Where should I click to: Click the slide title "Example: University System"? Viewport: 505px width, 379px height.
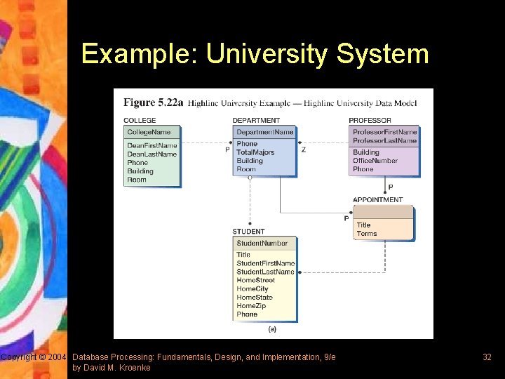point(255,54)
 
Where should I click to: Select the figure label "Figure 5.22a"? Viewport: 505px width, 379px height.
point(153,103)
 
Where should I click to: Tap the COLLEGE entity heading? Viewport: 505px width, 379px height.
point(140,121)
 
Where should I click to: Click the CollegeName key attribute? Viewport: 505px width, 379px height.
point(149,132)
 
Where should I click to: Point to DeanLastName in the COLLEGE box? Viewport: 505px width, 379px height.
point(151,154)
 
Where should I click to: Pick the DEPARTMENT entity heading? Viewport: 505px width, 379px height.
point(256,121)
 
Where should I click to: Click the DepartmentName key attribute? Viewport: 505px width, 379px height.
point(264,132)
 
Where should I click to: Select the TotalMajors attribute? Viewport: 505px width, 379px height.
point(255,152)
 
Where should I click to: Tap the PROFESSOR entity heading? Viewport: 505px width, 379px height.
point(370,121)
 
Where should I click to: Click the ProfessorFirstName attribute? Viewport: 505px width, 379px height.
point(384,132)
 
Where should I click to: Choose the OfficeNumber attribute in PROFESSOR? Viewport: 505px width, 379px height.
point(375,161)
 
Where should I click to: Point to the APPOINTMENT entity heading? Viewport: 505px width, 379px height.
point(377,200)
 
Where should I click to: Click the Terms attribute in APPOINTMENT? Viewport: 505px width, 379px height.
point(366,234)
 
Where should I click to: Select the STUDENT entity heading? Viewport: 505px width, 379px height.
point(248,232)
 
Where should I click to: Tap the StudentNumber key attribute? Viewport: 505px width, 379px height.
point(262,244)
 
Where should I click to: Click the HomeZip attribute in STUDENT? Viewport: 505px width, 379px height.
point(251,306)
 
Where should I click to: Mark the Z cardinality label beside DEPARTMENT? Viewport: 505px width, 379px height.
point(303,149)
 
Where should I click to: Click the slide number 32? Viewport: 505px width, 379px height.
point(487,357)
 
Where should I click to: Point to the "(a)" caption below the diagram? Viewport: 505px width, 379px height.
point(272,328)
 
